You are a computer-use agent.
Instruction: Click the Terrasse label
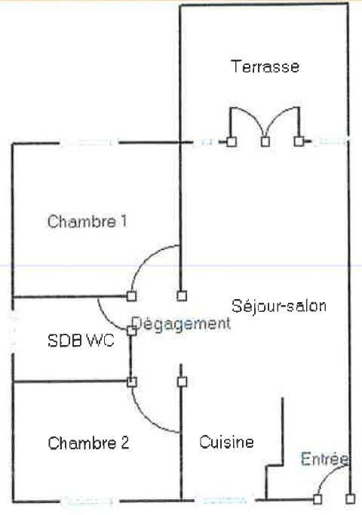coord(265,66)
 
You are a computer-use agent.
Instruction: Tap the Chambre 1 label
coord(87,221)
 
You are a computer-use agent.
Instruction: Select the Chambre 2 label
coord(88,443)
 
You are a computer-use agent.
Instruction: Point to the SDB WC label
coord(81,341)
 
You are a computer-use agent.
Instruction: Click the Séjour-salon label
coord(279,306)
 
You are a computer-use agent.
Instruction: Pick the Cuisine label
coord(226,442)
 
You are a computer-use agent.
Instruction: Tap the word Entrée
coord(324,458)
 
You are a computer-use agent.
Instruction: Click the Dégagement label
coord(181,323)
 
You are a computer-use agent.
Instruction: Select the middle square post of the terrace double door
coord(265,141)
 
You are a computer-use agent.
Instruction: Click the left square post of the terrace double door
coord(232,141)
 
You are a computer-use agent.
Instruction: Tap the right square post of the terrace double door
coord(299,141)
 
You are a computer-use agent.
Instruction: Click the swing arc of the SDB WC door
coord(106,317)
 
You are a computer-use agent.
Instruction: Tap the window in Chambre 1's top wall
coord(89,143)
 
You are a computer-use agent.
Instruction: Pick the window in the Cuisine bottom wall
coord(224,501)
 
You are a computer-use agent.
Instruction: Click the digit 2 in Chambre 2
coord(124,443)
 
